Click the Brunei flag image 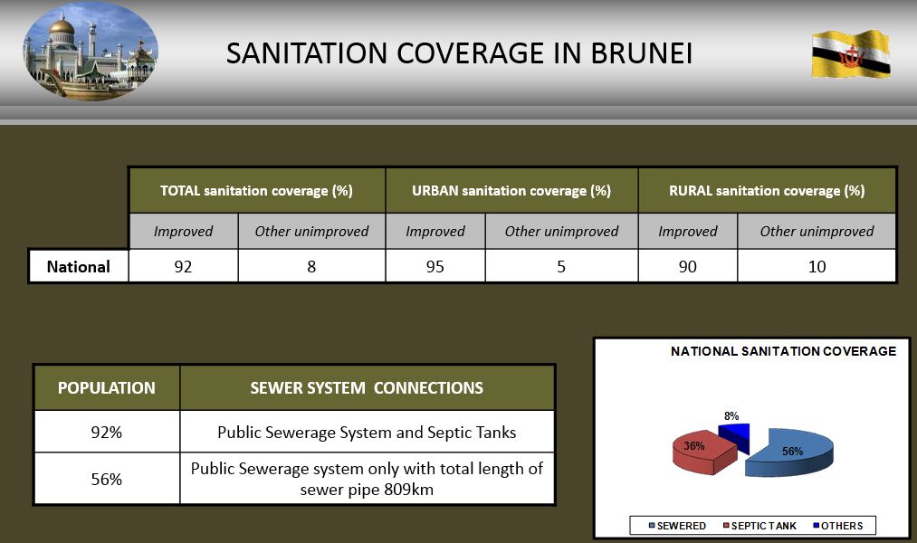pos(851,54)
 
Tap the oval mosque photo pos(91,52)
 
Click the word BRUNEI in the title pos(641,53)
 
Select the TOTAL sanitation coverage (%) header pos(257,191)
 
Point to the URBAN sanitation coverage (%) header pos(511,191)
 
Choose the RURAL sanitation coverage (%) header pos(767,191)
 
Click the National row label pos(79,267)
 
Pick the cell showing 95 pos(435,267)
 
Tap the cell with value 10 pos(817,267)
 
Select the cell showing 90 pos(688,267)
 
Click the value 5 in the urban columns pos(561,267)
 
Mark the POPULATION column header pos(107,387)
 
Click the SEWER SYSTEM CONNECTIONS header pos(368,387)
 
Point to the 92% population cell pos(107,432)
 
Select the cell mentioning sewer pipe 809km pos(368,479)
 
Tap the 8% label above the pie pos(731,416)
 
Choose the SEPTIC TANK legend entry pos(759,526)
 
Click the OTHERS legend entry pos(838,526)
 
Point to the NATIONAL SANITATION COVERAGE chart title pos(783,351)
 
